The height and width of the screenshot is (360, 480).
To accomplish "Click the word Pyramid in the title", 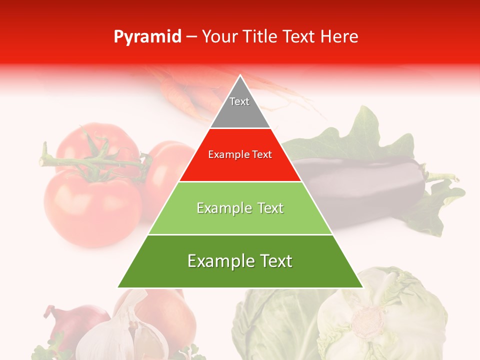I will [x=147, y=37].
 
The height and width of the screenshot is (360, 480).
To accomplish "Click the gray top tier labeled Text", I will [x=239, y=107].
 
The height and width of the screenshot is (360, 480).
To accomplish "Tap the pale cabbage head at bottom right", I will [x=380, y=315].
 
